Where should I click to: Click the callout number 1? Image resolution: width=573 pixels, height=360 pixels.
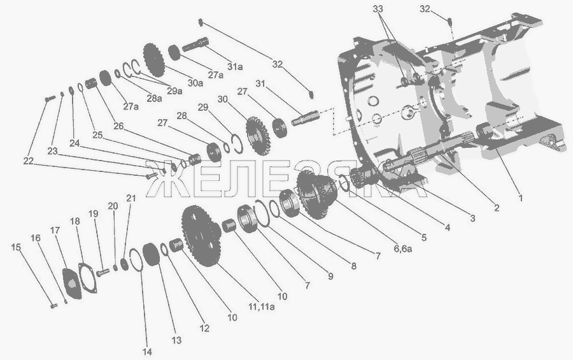click(520, 198)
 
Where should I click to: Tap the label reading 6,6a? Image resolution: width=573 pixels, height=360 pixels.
click(403, 248)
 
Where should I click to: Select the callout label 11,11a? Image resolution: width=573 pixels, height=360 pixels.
click(262, 306)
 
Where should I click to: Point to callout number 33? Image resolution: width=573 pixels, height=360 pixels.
click(378, 9)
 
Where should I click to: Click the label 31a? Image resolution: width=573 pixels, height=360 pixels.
click(235, 67)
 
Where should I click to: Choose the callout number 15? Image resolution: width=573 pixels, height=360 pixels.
click(16, 247)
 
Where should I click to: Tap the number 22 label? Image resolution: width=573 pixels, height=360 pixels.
click(29, 161)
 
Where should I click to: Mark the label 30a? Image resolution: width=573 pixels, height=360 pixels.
click(195, 83)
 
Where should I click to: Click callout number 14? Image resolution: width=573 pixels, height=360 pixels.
click(147, 352)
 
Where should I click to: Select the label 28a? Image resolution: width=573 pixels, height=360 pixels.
click(154, 98)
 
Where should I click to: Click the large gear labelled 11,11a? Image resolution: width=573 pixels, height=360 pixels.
click(201, 236)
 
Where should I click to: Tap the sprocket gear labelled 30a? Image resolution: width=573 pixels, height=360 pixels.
click(154, 60)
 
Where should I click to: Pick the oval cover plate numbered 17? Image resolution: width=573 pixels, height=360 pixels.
click(72, 284)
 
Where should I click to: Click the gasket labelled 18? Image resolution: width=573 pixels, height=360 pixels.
click(88, 277)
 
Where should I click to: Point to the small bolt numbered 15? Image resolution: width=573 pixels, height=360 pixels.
click(53, 305)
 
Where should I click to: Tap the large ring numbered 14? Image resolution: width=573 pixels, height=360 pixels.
click(135, 261)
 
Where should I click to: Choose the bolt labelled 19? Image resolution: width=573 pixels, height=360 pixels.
click(103, 273)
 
